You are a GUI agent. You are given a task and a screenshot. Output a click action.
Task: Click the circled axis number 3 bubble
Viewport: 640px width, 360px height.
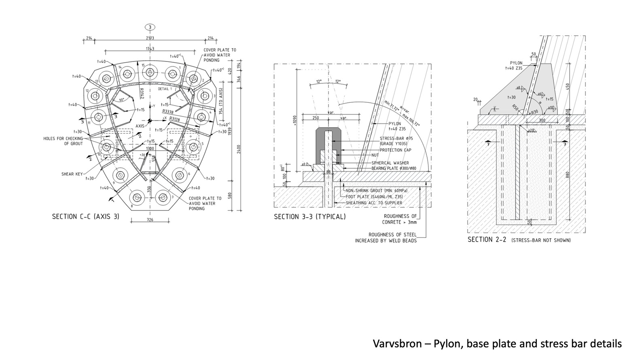click(x=150, y=28)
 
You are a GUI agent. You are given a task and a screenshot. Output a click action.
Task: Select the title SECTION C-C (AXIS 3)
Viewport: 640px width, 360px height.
click(x=86, y=216)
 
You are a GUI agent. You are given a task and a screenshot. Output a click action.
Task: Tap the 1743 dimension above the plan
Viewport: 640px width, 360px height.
click(x=150, y=49)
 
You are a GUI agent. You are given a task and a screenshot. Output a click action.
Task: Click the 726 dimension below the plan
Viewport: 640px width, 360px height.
click(x=150, y=220)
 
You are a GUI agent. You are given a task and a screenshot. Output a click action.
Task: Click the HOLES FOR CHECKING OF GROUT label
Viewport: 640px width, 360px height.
click(x=63, y=141)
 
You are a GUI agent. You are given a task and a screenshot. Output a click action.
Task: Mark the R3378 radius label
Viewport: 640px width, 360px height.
click(x=168, y=112)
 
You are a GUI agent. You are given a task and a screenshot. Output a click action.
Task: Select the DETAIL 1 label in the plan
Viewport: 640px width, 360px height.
click(x=165, y=89)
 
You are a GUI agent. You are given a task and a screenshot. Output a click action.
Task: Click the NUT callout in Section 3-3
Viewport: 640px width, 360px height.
click(x=375, y=155)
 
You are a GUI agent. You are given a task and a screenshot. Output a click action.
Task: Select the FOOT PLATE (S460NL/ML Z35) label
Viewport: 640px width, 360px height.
click(x=374, y=197)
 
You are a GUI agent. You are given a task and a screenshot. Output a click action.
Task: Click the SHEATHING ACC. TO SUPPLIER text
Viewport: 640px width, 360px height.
click(x=374, y=203)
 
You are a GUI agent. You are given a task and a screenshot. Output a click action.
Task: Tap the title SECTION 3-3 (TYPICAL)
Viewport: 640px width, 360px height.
click(x=310, y=216)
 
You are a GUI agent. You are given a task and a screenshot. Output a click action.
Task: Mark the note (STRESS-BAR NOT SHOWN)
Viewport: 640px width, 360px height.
click(x=541, y=240)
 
